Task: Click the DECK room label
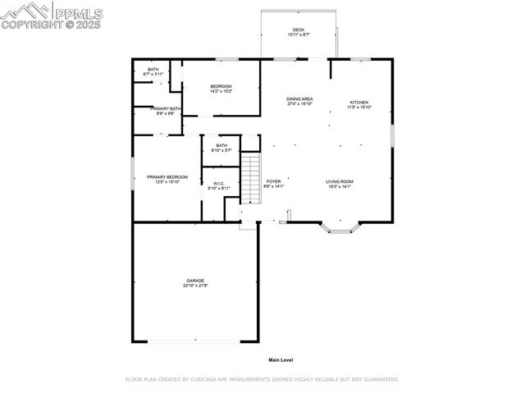(299, 30)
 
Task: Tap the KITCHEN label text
(359, 103)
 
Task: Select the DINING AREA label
(299, 99)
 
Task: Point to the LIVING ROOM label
(339, 181)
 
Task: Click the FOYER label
(273, 181)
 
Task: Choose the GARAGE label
(194, 281)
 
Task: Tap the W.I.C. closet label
(219, 183)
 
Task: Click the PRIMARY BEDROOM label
(167, 177)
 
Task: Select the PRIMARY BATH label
(167, 108)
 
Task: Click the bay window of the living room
(340, 228)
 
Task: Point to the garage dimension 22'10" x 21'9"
(194, 286)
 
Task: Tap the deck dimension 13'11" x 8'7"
(299, 34)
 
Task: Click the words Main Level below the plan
(281, 360)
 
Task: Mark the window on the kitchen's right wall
(393, 135)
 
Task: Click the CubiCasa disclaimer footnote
(262, 380)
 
